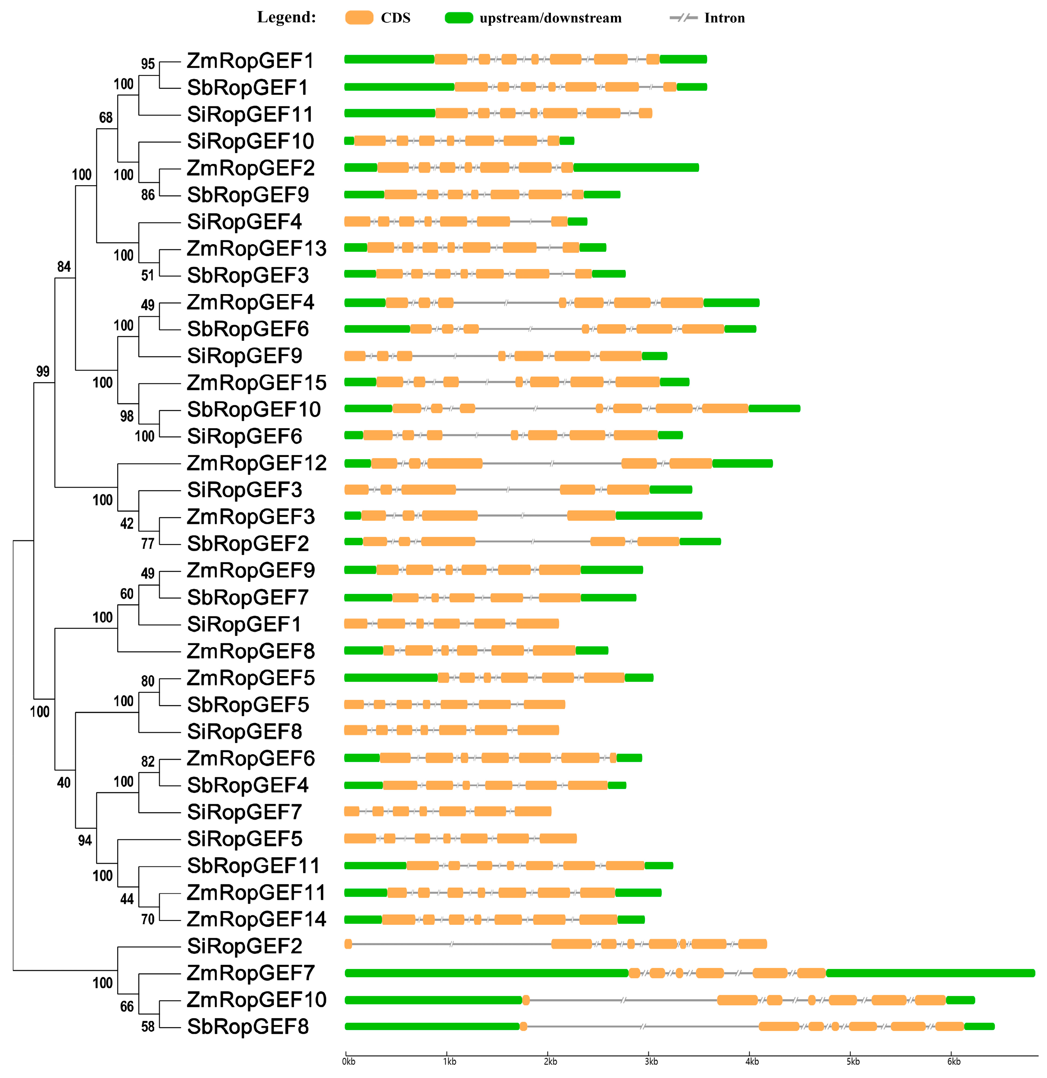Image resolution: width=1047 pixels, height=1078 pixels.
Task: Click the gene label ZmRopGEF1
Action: [x=250, y=61]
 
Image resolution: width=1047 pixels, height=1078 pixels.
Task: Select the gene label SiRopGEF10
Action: [x=250, y=141]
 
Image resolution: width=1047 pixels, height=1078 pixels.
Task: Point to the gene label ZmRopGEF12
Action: [x=256, y=463]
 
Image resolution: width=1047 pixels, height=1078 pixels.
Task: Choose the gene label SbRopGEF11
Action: [x=253, y=866]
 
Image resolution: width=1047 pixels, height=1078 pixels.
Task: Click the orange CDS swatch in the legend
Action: [x=359, y=18]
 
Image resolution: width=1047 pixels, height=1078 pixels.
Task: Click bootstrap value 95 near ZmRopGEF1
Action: [x=147, y=64]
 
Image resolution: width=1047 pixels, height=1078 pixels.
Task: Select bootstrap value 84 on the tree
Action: [x=64, y=267]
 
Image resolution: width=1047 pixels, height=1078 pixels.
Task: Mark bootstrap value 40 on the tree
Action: [x=64, y=783]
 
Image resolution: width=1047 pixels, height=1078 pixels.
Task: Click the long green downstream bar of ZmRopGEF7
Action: [x=930, y=973]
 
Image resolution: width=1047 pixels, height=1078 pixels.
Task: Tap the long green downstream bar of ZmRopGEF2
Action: [x=636, y=168]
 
